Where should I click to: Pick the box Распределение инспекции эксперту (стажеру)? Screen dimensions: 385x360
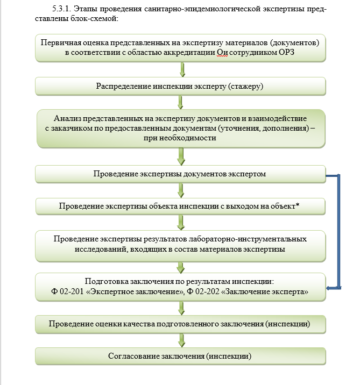181,86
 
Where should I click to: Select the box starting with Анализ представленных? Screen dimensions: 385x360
181,128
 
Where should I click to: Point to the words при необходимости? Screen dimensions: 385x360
180,138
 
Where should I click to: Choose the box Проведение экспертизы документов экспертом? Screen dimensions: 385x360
181,174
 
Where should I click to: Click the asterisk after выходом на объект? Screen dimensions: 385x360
298,205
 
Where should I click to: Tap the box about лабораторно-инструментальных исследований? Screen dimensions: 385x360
181,244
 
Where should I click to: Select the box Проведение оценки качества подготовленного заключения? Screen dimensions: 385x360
181,324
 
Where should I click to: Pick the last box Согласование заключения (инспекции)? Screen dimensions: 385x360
181,355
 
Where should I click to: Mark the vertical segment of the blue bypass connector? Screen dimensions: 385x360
339,231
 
